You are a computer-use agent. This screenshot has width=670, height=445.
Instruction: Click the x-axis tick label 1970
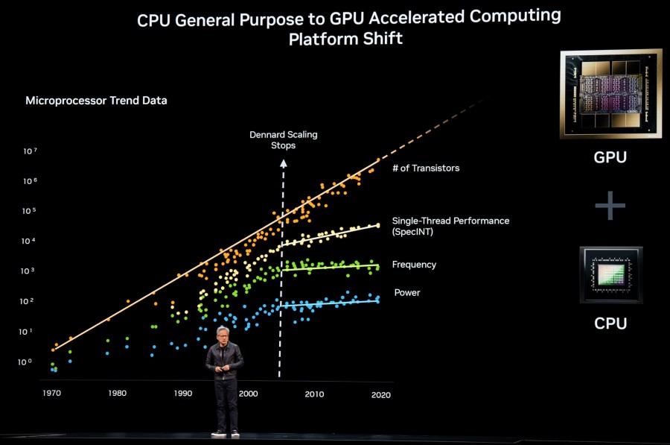(x=51, y=393)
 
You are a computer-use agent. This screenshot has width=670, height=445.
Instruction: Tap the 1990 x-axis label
(x=182, y=393)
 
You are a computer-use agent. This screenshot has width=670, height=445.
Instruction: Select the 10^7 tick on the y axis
(x=30, y=151)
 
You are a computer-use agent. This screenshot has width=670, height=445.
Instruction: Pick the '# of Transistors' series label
(x=426, y=168)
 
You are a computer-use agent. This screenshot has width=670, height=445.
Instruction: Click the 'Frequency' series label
(x=414, y=265)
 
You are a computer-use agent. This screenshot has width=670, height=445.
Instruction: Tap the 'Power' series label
(x=407, y=293)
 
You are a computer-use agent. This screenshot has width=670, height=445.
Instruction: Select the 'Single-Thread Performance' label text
(x=450, y=221)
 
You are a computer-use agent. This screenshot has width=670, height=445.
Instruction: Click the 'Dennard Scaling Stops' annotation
(x=283, y=140)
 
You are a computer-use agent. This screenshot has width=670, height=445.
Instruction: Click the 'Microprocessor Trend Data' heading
(x=96, y=101)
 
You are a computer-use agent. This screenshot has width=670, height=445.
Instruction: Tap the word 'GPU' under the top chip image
(x=610, y=157)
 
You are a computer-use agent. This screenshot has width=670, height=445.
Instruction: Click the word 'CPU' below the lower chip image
(x=610, y=324)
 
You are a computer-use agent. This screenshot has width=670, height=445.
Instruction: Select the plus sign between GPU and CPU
(x=610, y=204)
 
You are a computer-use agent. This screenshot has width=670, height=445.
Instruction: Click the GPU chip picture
(x=610, y=94)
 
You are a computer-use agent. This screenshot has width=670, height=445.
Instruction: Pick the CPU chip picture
(x=610, y=275)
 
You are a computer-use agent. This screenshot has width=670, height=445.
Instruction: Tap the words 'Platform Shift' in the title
(x=345, y=39)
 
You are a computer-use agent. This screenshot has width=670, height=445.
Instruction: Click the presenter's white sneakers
(x=226, y=433)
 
